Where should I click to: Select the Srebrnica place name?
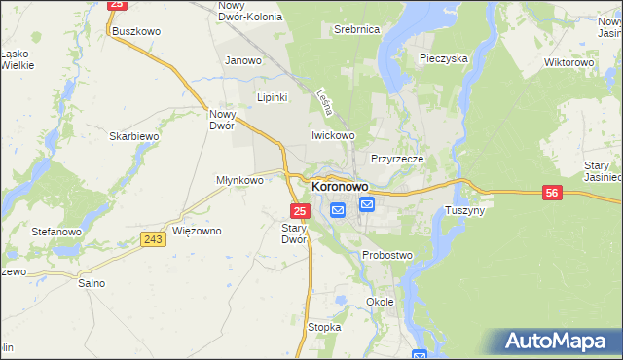(355, 30)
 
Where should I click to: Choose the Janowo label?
(243, 60)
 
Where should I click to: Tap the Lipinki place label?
(272, 97)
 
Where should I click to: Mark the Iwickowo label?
(333, 135)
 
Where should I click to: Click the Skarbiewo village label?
(134, 137)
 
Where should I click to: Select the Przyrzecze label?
(395, 158)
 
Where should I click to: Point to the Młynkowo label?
(239, 180)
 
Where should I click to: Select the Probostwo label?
(387, 255)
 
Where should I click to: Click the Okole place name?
(380, 302)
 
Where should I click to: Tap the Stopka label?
(324, 328)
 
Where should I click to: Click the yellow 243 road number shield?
(152, 239)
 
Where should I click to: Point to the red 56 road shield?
(552, 195)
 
